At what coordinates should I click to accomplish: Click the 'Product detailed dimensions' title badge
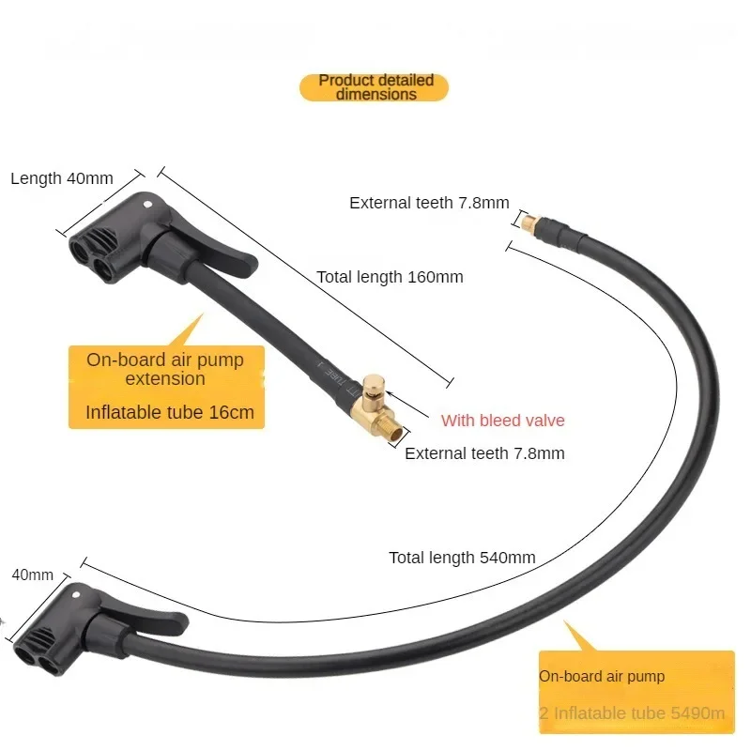click(375, 87)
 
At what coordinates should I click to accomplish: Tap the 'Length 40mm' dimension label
click(62, 178)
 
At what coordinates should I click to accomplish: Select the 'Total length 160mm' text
click(390, 277)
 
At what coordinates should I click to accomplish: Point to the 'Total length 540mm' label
click(462, 558)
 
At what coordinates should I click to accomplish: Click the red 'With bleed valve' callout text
click(503, 421)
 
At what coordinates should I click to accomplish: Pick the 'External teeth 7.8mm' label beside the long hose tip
click(429, 202)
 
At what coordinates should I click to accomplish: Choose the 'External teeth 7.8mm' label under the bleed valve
click(484, 453)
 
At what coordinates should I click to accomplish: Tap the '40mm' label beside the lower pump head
click(32, 575)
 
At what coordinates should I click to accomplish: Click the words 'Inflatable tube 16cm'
click(170, 411)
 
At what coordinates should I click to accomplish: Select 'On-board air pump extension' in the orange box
click(165, 369)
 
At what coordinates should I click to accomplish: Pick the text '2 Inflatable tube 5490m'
click(632, 713)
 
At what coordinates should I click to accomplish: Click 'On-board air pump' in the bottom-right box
click(602, 676)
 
